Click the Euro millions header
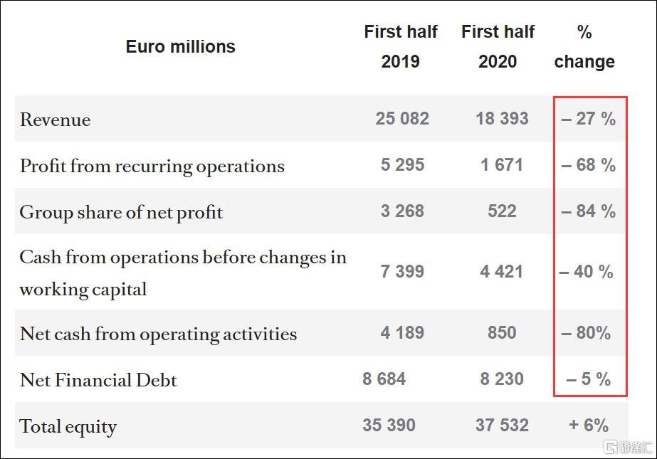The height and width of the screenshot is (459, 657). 180,47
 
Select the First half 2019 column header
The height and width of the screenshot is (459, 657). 401,47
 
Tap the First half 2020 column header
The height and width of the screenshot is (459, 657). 498,47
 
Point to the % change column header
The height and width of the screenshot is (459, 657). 584,47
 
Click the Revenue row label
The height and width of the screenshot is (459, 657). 56,120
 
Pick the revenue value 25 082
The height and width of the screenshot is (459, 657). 402,119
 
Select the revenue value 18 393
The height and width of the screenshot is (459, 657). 502,119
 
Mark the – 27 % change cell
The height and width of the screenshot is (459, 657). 588,119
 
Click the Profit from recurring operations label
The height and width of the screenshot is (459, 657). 152,166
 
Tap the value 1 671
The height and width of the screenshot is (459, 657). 502,165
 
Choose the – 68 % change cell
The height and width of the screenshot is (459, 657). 588,165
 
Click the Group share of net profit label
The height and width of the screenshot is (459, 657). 121,212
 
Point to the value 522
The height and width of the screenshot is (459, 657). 502,211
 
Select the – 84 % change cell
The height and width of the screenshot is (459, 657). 588,211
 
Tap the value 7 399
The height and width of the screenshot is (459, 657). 402,272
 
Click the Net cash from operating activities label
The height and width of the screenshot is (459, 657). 158,334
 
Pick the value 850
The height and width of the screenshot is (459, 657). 502,332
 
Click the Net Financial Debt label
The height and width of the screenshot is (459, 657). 98,380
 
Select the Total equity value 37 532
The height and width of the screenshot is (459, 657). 502,426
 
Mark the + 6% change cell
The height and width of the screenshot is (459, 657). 588,426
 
